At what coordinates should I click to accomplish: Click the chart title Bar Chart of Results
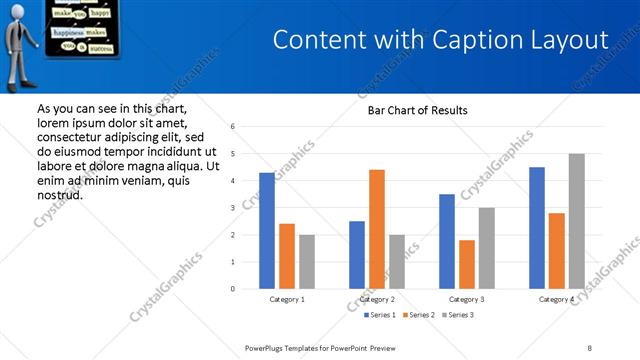pyautogui.click(x=412, y=110)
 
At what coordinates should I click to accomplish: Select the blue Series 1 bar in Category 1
pyautogui.click(x=266, y=231)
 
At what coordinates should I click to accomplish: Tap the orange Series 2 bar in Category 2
pyautogui.click(x=376, y=229)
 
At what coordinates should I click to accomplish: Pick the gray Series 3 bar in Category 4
pyautogui.click(x=576, y=221)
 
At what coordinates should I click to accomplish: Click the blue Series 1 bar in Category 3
pyautogui.click(x=446, y=241)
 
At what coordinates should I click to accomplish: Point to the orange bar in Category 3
pyautogui.click(x=466, y=264)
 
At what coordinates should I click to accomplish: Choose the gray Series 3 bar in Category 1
pyautogui.click(x=306, y=262)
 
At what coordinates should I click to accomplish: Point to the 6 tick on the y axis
pyautogui.click(x=232, y=127)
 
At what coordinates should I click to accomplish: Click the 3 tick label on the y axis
pyautogui.click(x=232, y=208)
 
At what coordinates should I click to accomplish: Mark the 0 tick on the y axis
pyautogui.click(x=232, y=289)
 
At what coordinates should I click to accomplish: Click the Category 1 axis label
pyautogui.click(x=287, y=299)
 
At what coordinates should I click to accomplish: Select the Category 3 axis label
pyautogui.click(x=467, y=299)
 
